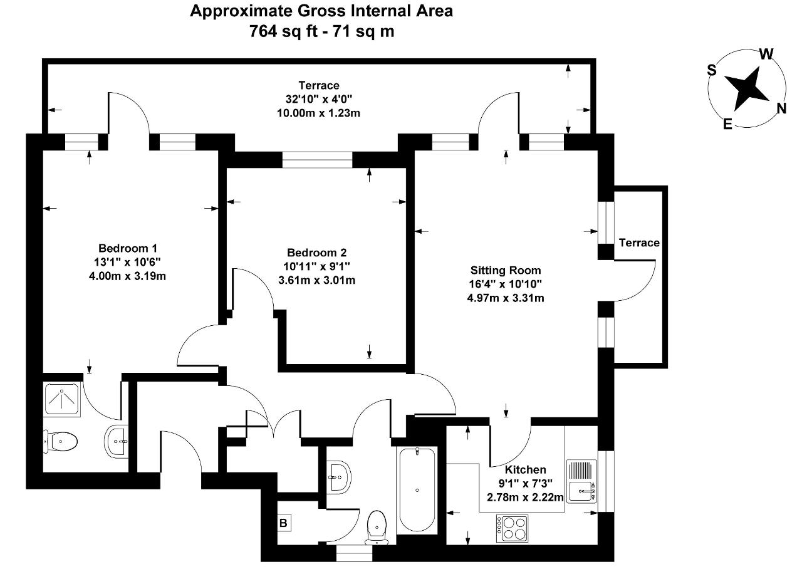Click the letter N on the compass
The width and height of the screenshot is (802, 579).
click(x=781, y=108)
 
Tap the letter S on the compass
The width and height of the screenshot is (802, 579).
click(x=712, y=70)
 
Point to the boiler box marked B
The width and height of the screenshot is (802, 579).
click(x=284, y=523)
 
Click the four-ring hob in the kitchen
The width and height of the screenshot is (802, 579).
click(x=512, y=528)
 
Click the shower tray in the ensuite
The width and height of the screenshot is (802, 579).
click(x=62, y=400)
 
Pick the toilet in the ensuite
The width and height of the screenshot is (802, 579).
click(x=60, y=442)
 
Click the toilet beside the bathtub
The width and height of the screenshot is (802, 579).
click(x=377, y=528)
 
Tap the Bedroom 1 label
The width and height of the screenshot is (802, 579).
click(x=128, y=248)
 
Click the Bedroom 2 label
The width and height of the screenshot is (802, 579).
click(x=317, y=253)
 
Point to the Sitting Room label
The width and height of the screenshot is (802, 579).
click(x=506, y=270)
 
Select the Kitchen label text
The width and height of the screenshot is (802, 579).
click(x=525, y=470)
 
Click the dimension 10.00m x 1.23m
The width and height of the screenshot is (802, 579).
click(x=318, y=113)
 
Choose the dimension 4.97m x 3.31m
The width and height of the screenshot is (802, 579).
click(x=506, y=298)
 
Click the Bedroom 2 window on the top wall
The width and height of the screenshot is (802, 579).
click(x=317, y=160)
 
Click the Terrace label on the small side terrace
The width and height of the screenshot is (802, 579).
click(x=639, y=243)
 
